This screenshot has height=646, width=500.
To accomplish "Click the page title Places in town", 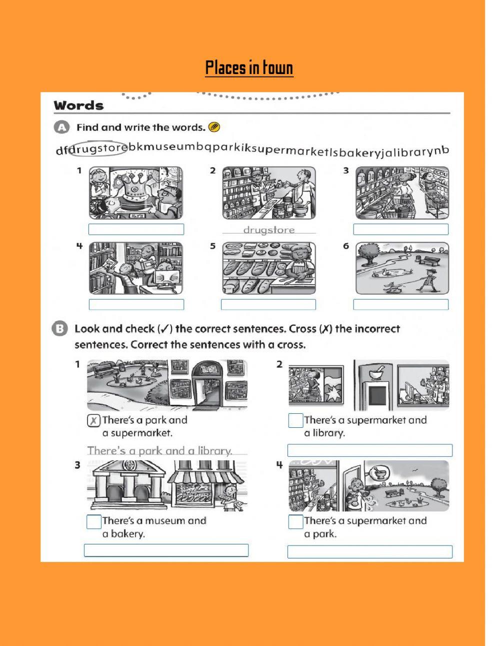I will click(x=249, y=68).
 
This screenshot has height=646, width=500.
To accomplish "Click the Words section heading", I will click(x=79, y=106).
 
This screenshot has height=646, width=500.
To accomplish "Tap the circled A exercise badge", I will click(x=61, y=128).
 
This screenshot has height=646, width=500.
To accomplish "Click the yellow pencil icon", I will click(x=214, y=127).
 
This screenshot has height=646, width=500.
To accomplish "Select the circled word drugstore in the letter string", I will click(x=98, y=149).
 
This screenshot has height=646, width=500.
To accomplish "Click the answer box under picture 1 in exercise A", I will click(x=136, y=229).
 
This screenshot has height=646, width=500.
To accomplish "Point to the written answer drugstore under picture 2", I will click(x=269, y=230).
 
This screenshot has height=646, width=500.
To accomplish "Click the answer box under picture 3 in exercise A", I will click(x=400, y=229).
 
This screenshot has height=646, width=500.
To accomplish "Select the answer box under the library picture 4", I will click(x=136, y=304).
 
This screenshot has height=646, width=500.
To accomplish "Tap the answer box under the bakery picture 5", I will click(x=268, y=304).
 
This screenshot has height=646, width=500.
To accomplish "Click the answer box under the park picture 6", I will click(x=400, y=304).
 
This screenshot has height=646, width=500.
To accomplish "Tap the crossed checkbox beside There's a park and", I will click(x=93, y=421).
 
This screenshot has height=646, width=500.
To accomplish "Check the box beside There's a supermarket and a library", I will click(x=295, y=421).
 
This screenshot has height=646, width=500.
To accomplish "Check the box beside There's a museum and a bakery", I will click(x=94, y=521).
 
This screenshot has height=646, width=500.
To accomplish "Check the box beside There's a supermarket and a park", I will click(x=295, y=521).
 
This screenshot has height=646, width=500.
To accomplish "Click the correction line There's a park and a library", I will click(x=160, y=450).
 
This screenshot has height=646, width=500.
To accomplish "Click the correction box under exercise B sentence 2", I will click(x=369, y=450).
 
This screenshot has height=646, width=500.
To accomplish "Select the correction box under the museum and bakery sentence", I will click(x=166, y=550).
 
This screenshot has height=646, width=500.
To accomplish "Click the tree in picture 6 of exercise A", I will click(x=368, y=251).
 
